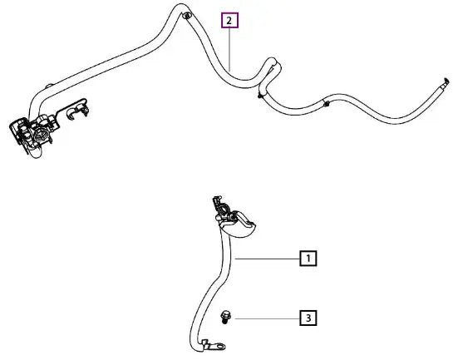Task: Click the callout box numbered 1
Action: click(x=308, y=259)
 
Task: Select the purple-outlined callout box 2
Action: click(x=229, y=20)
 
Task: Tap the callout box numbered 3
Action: click(x=308, y=318)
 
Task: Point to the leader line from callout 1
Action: click(x=268, y=259)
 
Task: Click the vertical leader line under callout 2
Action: click(x=229, y=50)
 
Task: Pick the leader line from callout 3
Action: click(x=268, y=318)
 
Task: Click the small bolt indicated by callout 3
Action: click(x=225, y=318)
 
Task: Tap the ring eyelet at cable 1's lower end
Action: click(x=219, y=347)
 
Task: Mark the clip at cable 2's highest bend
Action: click(x=186, y=16)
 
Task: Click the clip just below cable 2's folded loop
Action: click(x=259, y=95)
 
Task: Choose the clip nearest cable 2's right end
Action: click(x=326, y=103)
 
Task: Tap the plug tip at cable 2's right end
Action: click(x=446, y=81)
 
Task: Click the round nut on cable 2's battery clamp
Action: click(x=39, y=136)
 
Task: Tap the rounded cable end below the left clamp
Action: click(x=35, y=153)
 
